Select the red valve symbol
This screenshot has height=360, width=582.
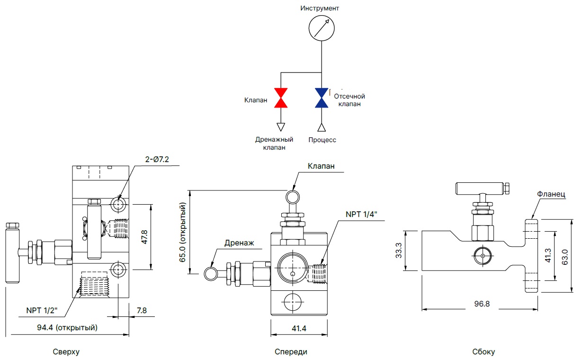point(281,98)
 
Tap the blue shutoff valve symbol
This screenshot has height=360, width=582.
point(322,98)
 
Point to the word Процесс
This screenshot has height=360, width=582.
point(322,140)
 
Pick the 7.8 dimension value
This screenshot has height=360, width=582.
point(142,310)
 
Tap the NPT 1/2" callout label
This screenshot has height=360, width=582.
point(42,311)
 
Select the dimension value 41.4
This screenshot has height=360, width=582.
point(298,328)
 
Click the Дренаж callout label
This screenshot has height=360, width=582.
point(239,243)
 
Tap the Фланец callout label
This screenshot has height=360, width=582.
point(552,194)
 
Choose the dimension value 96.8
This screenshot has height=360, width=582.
point(481,304)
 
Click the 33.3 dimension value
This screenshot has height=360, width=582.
point(399,250)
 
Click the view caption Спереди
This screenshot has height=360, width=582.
point(291,352)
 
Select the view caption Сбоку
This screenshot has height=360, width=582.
point(483,352)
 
